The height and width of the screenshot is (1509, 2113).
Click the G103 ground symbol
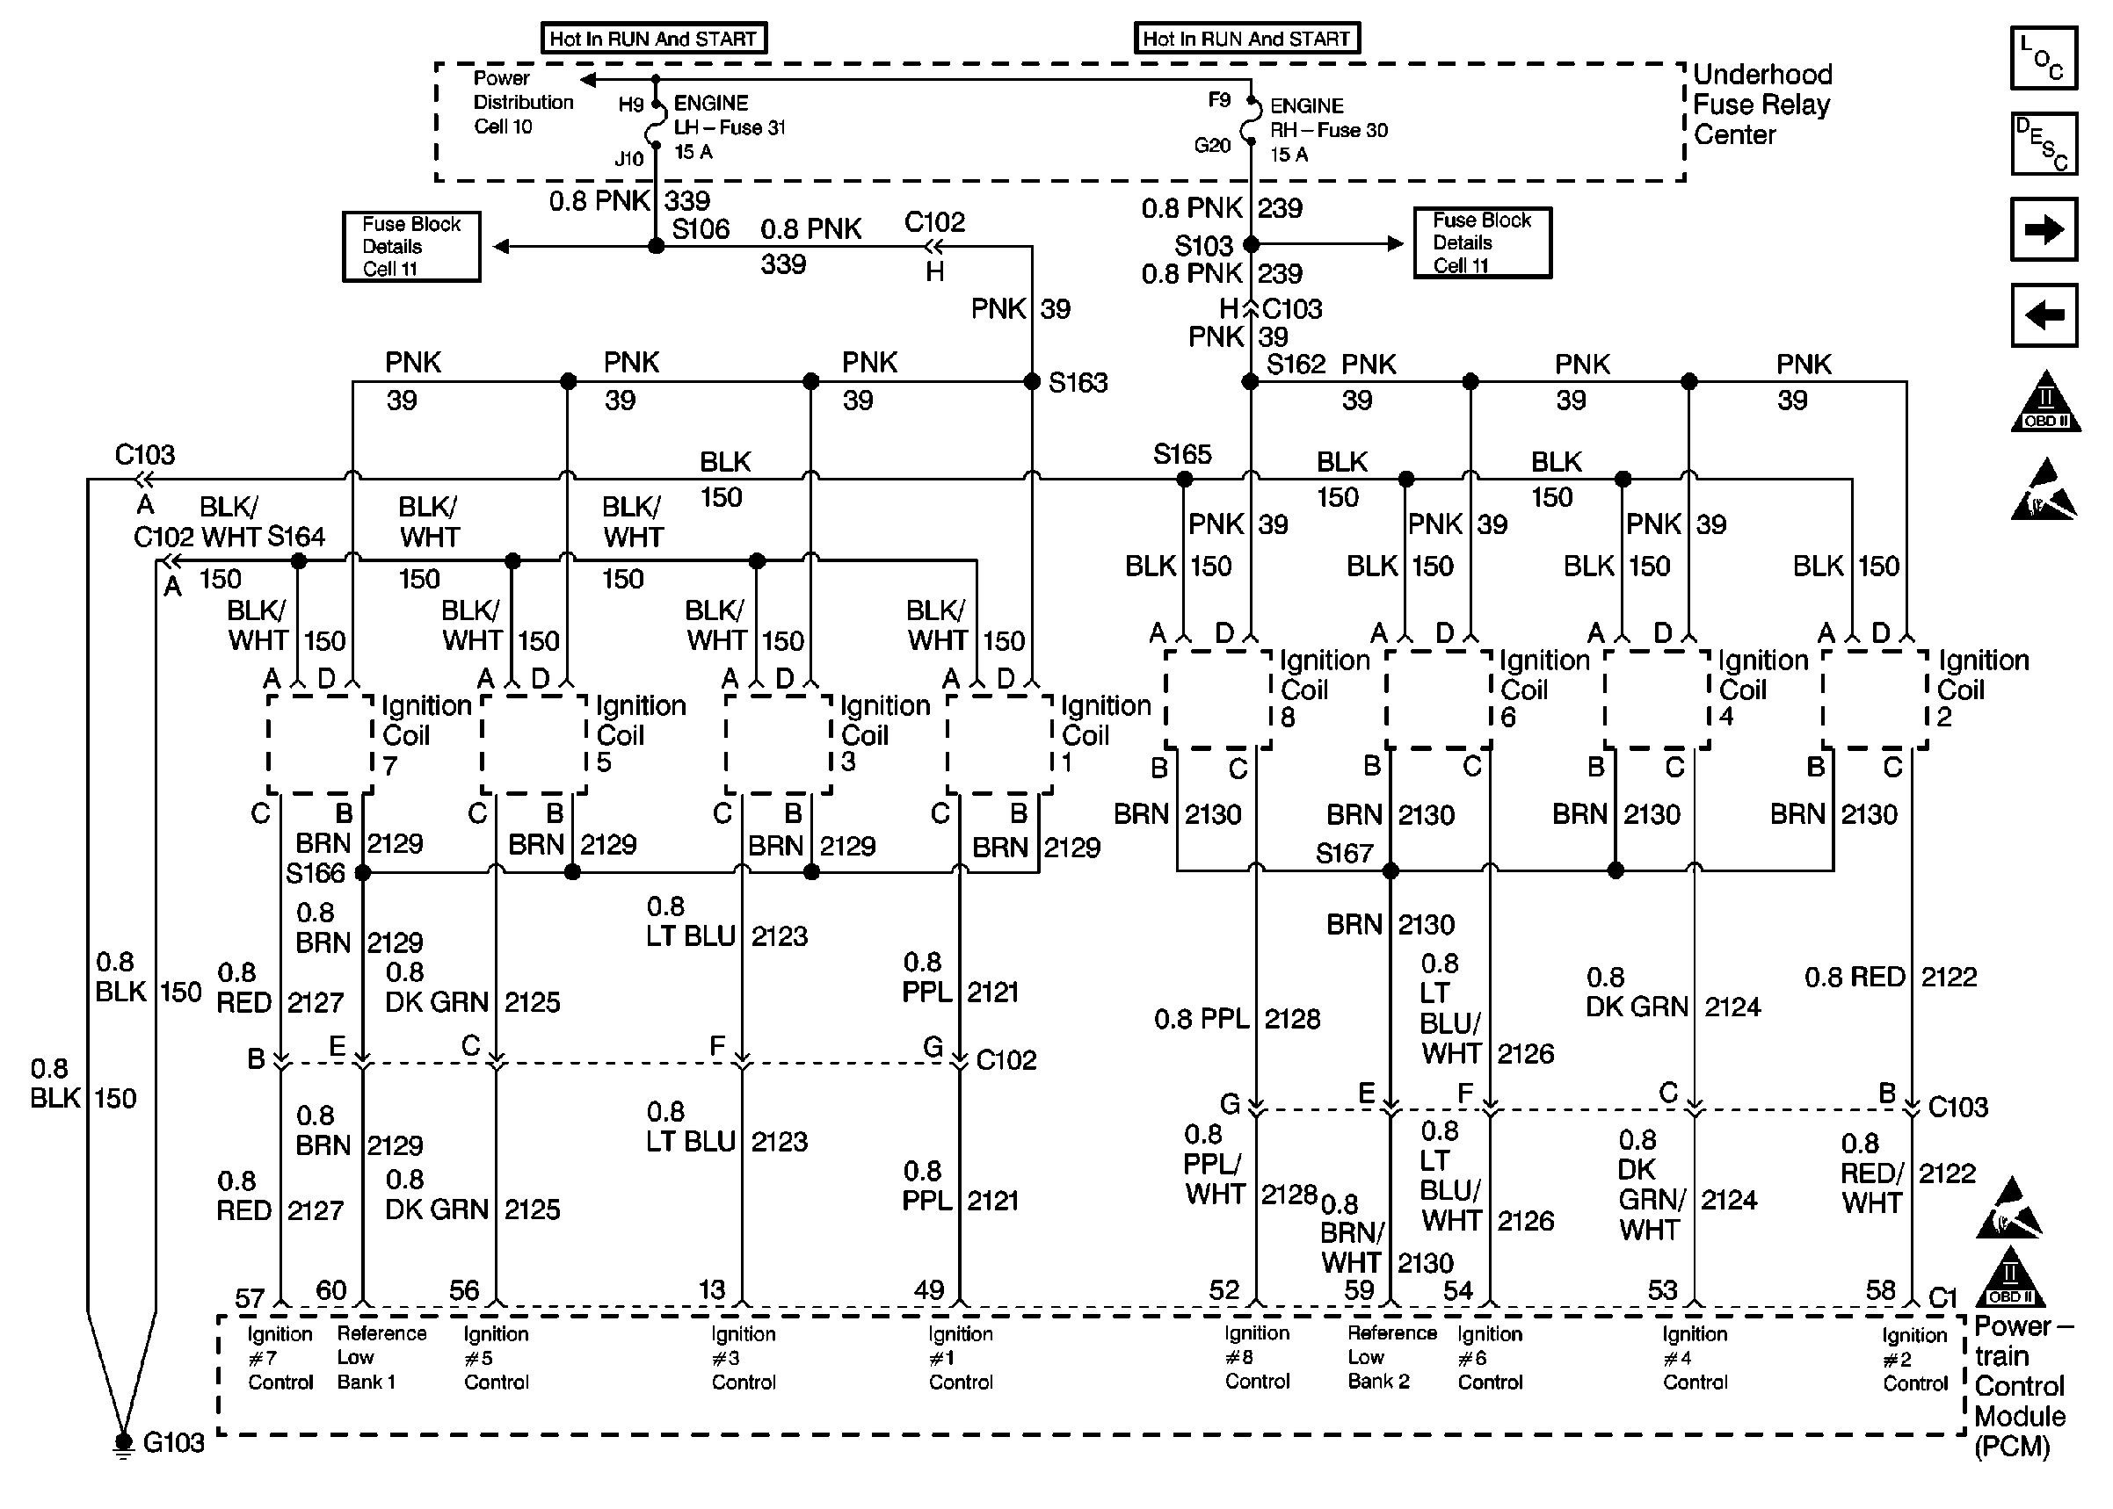(123, 1443)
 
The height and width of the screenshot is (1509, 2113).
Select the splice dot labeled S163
(1031, 382)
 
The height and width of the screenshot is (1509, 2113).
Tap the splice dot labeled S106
(656, 246)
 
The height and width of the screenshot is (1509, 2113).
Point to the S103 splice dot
(1252, 244)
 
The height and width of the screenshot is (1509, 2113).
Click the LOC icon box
(2044, 58)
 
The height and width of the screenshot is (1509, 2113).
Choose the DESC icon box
(2044, 144)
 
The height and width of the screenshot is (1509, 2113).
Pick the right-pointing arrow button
(2044, 229)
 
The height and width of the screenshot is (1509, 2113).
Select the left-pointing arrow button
(2044, 315)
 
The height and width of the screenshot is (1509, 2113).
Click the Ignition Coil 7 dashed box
(320, 744)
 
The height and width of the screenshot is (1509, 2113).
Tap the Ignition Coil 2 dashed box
(1874, 700)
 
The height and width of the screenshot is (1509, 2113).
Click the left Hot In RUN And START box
(654, 39)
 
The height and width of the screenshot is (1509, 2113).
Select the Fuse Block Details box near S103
(1482, 243)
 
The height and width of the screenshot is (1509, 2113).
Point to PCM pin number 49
(929, 1289)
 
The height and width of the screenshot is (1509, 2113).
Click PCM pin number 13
(711, 1289)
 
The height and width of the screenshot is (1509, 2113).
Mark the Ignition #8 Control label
(1257, 1358)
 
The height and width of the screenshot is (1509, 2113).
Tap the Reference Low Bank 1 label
(381, 1358)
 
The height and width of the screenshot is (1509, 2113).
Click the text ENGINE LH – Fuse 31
(729, 115)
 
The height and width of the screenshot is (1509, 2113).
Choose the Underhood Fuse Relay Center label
(1761, 104)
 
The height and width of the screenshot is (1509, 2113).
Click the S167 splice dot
(1391, 870)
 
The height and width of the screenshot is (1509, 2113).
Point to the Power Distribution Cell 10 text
(522, 102)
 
